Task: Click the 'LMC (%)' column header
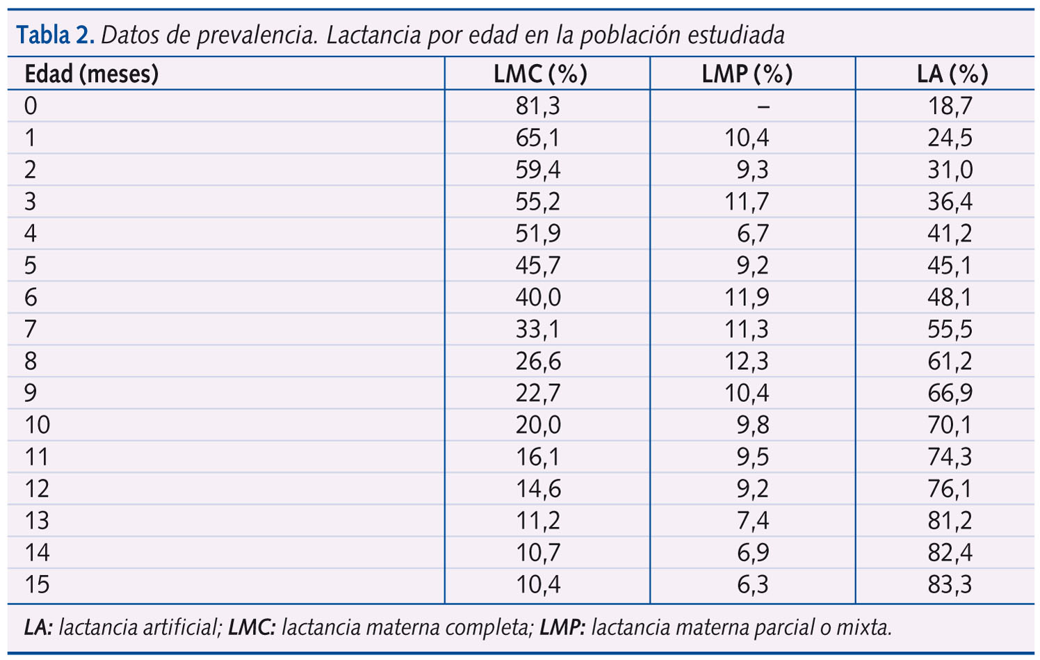point(540,74)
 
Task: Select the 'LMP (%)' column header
point(747,74)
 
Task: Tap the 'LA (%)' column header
point(952,74)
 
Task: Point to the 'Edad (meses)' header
point(92,74)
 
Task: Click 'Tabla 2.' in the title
point(56,35)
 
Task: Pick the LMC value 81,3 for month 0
point(537,106)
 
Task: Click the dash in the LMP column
point(763,106)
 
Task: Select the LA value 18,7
point(950,106)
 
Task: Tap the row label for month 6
point(31,298)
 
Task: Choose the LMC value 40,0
point(537,298)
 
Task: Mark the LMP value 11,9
point(747,298)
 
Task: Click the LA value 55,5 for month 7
point(950,329)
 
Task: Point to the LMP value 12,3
point(747,361)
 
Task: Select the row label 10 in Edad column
point(38,425)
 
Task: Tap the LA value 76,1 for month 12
point(950,489)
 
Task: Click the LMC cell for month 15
point(537,584)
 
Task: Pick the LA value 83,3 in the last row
point(950,584)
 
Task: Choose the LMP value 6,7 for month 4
point(753,234)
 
